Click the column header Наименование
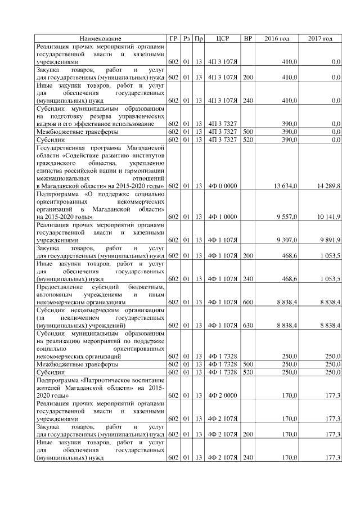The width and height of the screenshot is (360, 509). pyautogui.click(x=101, y=38)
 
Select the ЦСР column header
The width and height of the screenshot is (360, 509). pyautogui.click(x=221, y=38)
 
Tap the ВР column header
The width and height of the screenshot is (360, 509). pyautogui.click(x=247, y=38)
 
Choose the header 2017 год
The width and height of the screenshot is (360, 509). pyautogui.click(x=320, y=38)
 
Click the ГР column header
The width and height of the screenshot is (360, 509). pyautogui.click(x=173, y=38)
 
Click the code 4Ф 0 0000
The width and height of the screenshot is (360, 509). pyautogui.click(x=221, y=186)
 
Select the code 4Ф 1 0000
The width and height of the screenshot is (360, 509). pyautogui.click(x=221, y=216)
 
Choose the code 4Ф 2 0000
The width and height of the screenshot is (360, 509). pyautogui.click(x=221, y=395)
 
